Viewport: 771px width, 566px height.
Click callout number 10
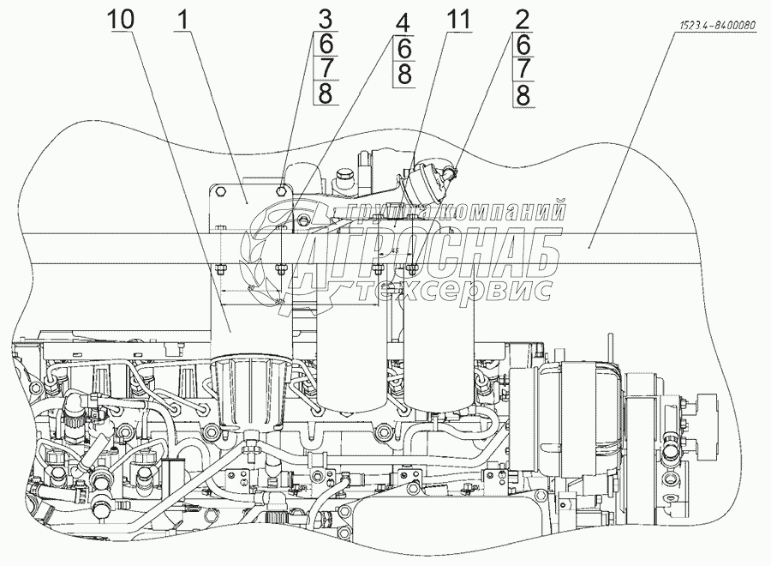[x=120, y=19]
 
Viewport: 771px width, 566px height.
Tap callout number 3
[x=324, y=19]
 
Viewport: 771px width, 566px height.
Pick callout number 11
[x=458, y=19]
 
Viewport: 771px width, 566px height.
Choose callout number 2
[x=522, y=19]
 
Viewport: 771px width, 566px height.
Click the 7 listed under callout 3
[x=324, y=68]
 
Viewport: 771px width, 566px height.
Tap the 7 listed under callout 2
[x=522, y=68]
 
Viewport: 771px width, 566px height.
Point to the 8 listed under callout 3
[x=324, y=93]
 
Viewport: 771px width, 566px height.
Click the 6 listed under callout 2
[x=522, y=43]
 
